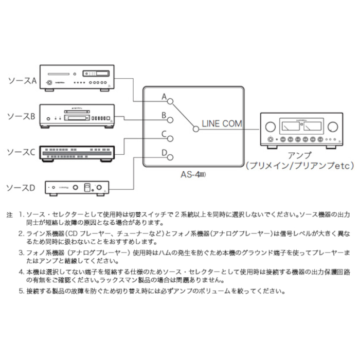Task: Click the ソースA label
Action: pos(22,81)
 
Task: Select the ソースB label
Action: pos(22,117)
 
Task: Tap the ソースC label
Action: pos(22,152)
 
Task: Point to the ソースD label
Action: pos(22,188)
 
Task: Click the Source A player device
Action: pos(78,80)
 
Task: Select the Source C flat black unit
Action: pos(78,151)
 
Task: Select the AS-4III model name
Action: pos(194,174)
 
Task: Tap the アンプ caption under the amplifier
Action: pos(300,155)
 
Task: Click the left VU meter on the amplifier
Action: pos(290,127)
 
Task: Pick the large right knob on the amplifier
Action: pos(332,126)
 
